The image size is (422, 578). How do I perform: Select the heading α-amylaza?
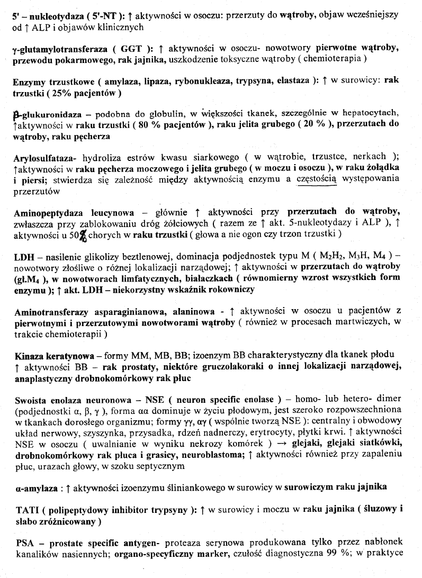click(x=34, y=487)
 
